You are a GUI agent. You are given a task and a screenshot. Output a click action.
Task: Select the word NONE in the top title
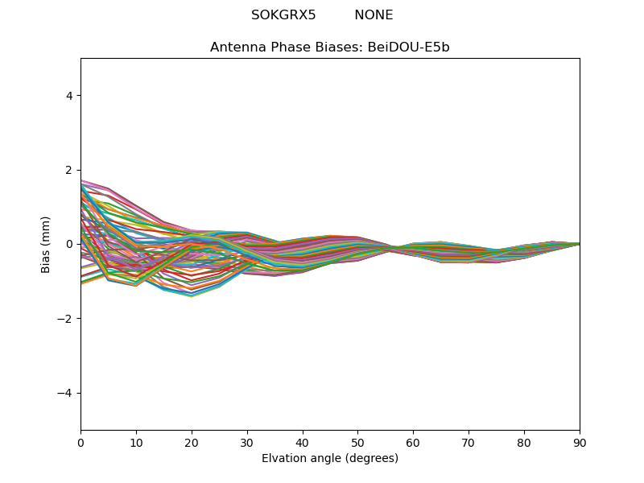coord(374,15)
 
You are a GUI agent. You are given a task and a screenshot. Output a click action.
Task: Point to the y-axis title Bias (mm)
coord(46,244)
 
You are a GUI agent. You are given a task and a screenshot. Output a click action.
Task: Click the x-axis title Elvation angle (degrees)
coord(330,458)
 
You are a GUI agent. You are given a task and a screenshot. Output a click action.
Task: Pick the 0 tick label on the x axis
coord(80,442)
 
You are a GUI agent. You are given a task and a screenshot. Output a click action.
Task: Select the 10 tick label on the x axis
coord(136,442)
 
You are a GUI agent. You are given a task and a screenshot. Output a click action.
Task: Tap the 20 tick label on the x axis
coord(192,442)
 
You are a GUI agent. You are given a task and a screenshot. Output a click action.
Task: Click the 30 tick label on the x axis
coord(247,442)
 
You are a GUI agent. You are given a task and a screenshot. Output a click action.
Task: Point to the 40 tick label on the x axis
coord(303,442)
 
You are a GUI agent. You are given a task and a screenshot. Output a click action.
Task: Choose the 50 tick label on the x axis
coord(357,442)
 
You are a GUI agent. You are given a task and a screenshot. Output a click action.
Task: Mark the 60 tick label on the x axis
coord(413,442)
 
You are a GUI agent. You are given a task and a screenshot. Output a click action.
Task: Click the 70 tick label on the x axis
coord(469,442)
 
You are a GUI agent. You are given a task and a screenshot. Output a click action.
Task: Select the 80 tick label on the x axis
coord(524,442)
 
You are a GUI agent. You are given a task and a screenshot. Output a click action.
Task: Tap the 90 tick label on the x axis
coord(580,442)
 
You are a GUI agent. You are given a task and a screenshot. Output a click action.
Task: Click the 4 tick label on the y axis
coord(69,95)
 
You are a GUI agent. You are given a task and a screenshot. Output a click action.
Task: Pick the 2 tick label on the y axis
coord(69,170)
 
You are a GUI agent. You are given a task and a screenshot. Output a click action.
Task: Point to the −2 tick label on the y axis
coord(66,319)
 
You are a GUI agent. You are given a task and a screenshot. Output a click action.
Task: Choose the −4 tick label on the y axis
coord(66,393)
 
